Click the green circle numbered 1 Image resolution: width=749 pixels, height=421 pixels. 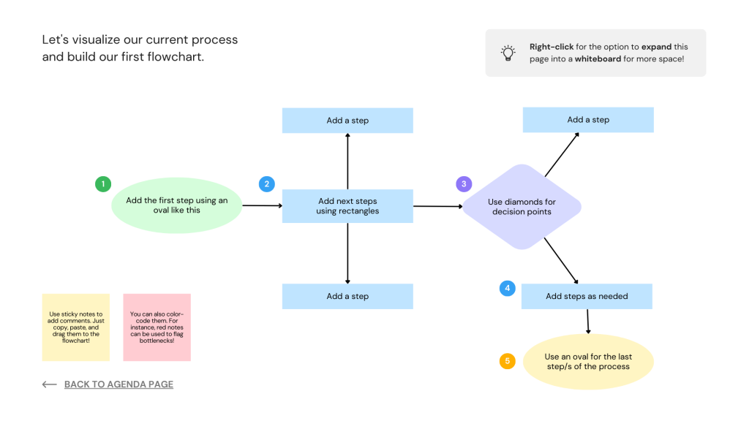[x=103, y=184]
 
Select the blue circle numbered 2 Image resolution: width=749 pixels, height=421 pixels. [x=266, y=184]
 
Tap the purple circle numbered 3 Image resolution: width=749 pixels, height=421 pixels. [x=463, y=184]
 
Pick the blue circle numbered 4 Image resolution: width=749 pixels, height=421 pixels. [x=507, y=288]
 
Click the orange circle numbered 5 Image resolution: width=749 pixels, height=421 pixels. [x=507, y=361]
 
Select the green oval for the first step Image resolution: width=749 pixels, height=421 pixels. [x=176, y=205]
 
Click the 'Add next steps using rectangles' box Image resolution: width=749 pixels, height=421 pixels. [x=347, y=206]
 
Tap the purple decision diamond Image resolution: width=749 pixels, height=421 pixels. [x=522, y=207]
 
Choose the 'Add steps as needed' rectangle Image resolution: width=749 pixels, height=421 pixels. [x=587, y=296]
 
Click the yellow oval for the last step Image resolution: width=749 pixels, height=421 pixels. [x=588, y=362]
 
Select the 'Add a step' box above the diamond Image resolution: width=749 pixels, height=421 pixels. [x=588, y=120]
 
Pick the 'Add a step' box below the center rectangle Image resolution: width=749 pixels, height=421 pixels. [x=347, y=296]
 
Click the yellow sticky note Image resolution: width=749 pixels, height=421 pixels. [x=76, y=327]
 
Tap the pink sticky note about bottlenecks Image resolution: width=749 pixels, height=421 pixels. [x=157, y=327]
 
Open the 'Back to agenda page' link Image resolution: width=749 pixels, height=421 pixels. [x=118, y=384]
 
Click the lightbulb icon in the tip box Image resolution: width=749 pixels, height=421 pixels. [x=508, y=53]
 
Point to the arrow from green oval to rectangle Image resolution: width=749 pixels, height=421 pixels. [x=262, y=206]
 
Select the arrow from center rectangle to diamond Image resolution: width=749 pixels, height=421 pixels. [x=437, y=206]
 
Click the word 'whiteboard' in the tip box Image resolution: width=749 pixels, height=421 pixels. [x=598, y=58]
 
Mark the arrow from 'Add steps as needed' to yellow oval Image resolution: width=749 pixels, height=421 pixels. [x=587, y=321]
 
